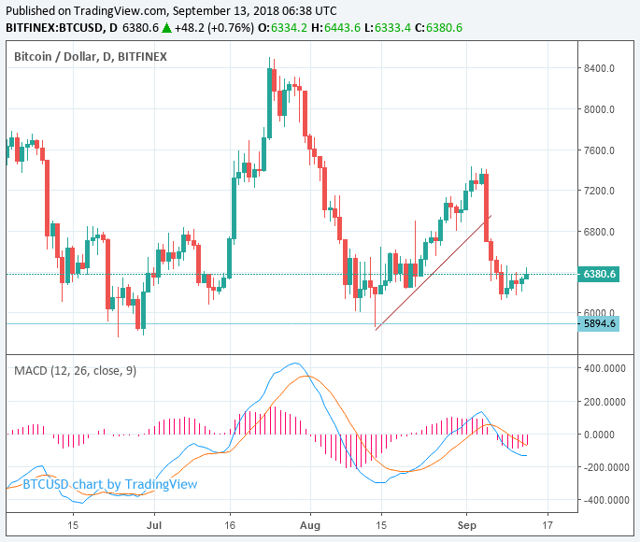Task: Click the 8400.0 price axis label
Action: [x=598, y=68]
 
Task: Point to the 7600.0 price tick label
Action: [x=598, y=150]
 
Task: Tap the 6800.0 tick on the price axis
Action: [x=598, y=232]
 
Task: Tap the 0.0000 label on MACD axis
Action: [x=606, y=435]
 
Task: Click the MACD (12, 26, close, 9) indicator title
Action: [x=75, y=371]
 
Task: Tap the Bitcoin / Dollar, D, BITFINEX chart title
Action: [x=90, y=57]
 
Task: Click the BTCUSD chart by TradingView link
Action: [x=110, y=484]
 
